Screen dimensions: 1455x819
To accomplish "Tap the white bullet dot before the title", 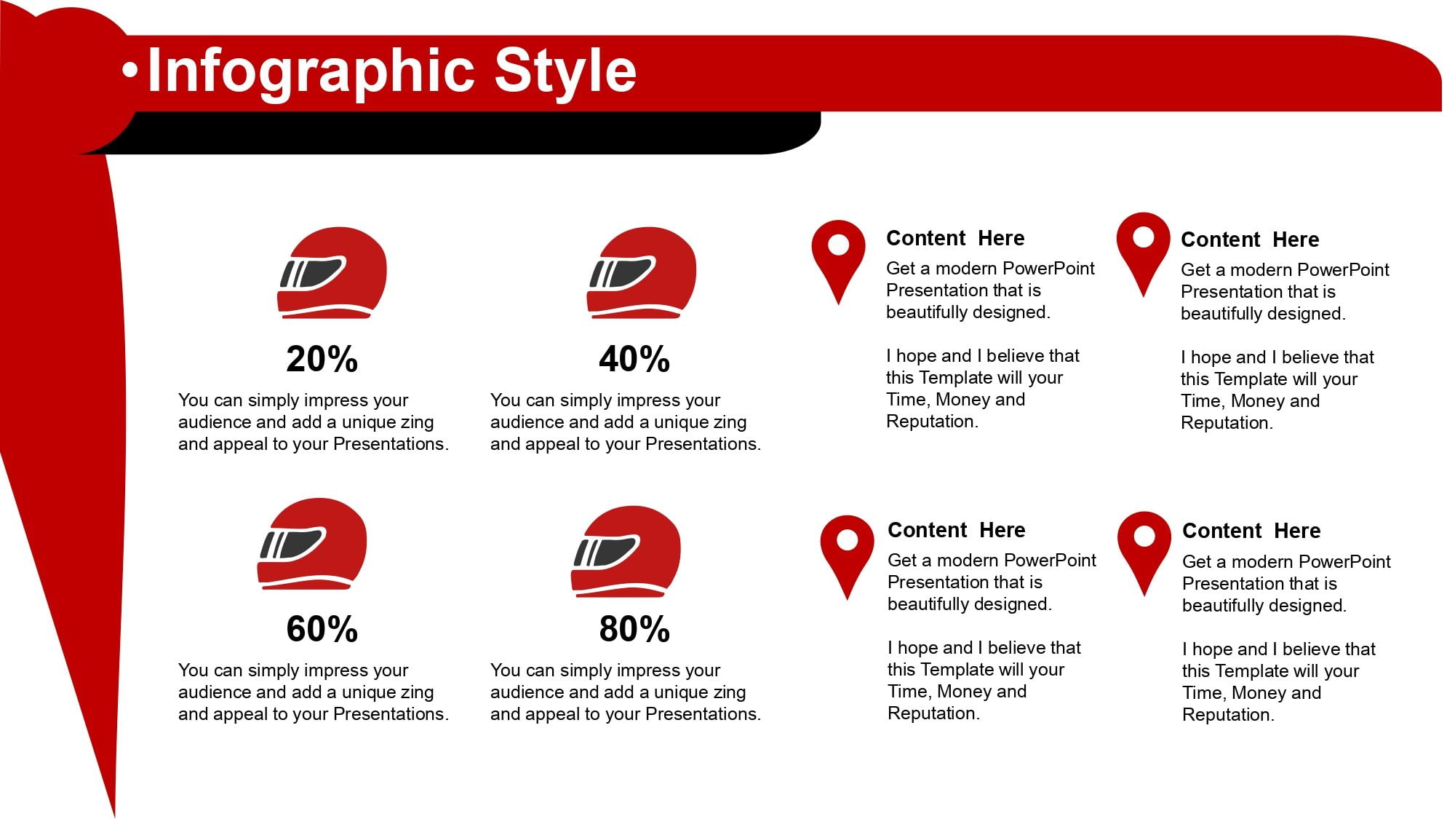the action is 130,71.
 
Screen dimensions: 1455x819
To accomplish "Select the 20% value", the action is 322,359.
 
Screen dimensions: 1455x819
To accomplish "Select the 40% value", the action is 634,359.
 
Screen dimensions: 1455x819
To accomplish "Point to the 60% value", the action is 322,629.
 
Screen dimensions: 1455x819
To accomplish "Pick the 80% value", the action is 634,629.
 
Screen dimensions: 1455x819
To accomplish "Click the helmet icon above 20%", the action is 332,273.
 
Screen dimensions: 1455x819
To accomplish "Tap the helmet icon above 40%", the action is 641,273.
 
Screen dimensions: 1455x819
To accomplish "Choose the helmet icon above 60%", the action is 311,544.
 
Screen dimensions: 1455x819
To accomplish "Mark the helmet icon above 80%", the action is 626,552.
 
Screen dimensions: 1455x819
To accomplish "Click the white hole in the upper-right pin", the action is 1144,237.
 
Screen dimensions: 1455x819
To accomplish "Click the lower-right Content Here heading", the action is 1251,531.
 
